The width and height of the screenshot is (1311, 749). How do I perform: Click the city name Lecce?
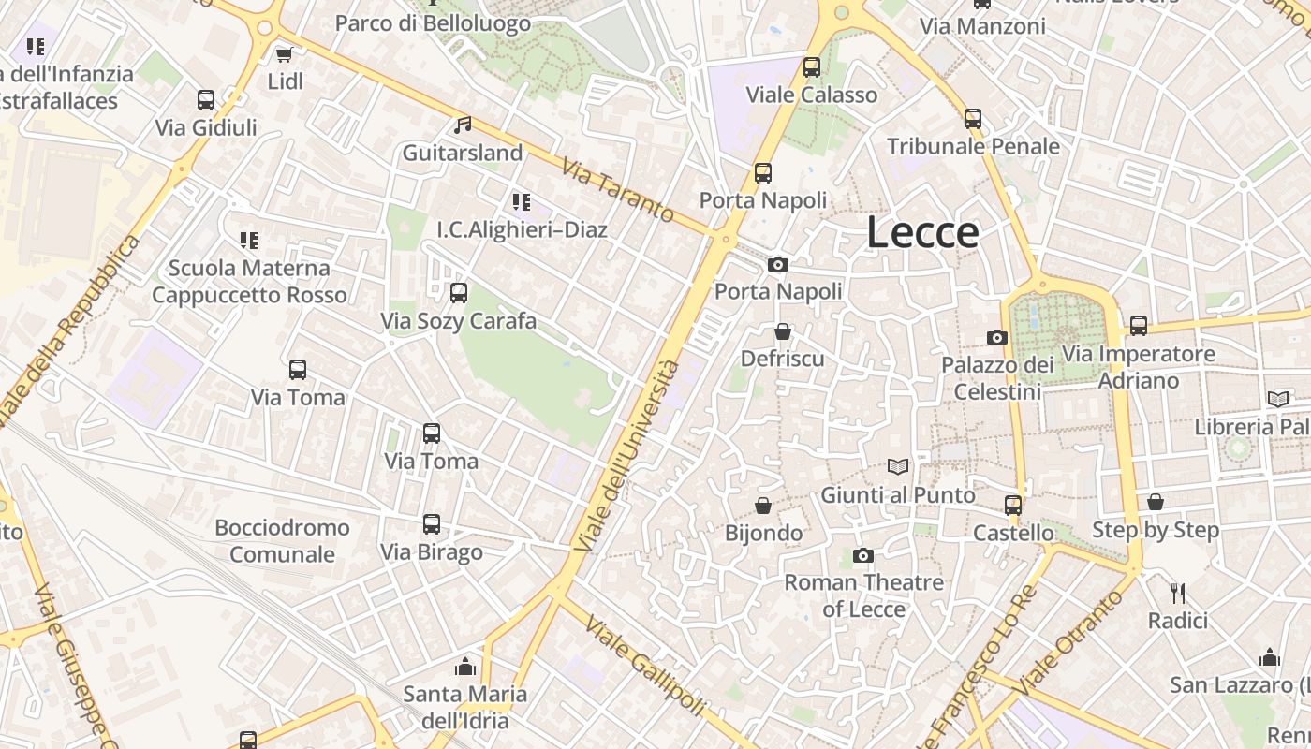click(x=922, y=232)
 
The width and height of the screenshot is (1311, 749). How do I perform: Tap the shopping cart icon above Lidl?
click(x=285, y=54)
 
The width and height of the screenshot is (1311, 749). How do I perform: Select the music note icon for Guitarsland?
click(x=463, y=125)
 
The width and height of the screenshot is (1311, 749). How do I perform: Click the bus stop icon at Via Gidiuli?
click(x=206, y=99)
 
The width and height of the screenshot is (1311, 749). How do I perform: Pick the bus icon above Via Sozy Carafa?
click(x=459, y=293)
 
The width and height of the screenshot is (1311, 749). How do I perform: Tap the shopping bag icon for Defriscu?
click(x=783, y=331)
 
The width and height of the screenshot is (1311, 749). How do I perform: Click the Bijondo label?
click(x=764, y=533)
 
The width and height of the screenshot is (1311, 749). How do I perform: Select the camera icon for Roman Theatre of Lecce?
click(x=863, y=555)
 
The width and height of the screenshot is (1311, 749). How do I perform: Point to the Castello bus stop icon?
click(x=1013, y=506)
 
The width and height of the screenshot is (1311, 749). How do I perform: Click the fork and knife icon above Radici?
click(x=1178, y=593)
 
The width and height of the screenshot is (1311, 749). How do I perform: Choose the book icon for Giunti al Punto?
click(x=898, y=466)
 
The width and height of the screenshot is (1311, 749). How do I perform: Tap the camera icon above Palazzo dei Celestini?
click(x=997, y=337)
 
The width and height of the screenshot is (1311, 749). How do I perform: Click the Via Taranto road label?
click(x=618, y=190)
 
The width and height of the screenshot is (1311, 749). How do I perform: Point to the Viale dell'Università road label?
click(x=626, y=454)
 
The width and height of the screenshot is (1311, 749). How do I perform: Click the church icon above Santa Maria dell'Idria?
click(x=465, y=667)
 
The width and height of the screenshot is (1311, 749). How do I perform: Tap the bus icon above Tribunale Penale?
click(x=973, y=119)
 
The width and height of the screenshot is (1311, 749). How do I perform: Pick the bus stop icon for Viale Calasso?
click(x=812, y=67)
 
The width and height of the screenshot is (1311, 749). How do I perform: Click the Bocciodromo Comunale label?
click(x=282, y=540)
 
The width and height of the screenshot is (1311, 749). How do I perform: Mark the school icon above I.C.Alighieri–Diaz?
click(x=522, y=201)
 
